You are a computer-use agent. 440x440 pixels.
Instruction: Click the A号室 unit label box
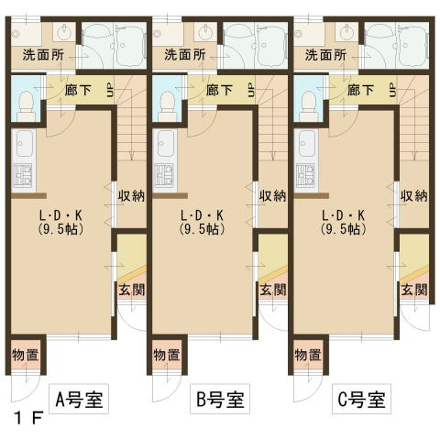click(79, 399)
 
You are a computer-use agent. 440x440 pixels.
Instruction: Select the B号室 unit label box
click(220, 399)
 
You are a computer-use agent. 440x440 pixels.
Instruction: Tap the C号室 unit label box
click(361, 399)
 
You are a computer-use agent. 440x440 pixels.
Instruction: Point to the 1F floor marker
click(28, 418)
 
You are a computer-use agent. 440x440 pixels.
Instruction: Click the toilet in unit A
click(26, 106)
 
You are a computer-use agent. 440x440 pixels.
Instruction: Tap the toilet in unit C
click(308, 106)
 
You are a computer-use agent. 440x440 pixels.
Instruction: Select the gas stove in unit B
click(164, 175)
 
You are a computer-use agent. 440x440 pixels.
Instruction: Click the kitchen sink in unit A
click(24, 144)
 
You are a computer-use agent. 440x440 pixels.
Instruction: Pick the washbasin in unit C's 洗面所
click(346, 31)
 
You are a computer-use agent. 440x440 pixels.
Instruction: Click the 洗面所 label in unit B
click(185, 55)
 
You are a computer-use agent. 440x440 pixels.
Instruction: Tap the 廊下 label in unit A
click(78, 90)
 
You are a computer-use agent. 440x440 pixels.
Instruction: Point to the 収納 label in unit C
click(414, 196)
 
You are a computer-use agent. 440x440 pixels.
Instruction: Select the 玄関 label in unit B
click(273, 290)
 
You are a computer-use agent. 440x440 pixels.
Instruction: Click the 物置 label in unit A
click(26, 355)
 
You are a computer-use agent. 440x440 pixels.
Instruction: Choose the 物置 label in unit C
click(308, 355)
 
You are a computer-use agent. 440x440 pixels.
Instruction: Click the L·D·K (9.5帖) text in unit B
click(202, 222)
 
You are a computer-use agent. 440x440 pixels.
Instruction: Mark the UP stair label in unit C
click(392, 90)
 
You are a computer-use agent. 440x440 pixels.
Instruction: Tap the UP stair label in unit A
click(110, 90)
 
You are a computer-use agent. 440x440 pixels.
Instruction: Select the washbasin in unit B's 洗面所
click(205, 31)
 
